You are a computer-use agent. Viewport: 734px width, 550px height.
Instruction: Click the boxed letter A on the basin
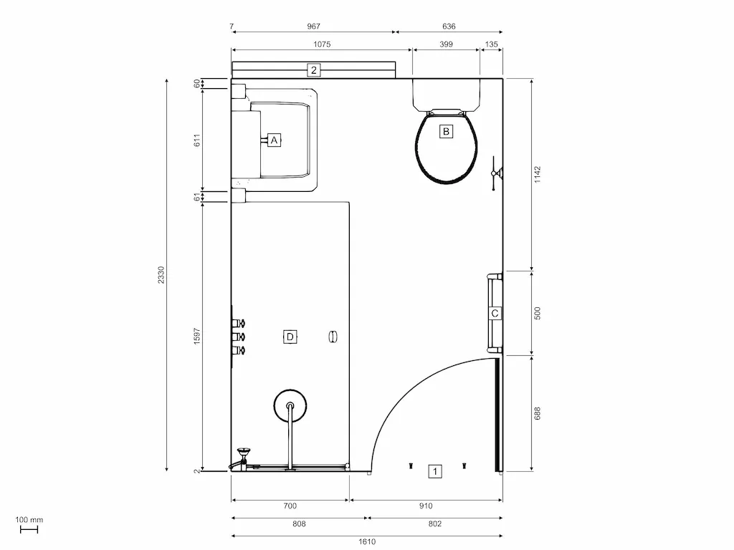pos(274,140)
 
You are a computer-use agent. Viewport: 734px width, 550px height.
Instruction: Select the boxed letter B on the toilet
pos(446,132)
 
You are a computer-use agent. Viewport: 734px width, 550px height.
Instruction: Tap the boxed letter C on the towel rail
pos(495,314)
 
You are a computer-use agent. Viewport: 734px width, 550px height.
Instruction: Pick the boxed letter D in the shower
pos(290,337)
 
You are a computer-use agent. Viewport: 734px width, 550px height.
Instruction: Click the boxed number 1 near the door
pos(435,471)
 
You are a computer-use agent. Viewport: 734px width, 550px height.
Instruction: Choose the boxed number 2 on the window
pos(314,70)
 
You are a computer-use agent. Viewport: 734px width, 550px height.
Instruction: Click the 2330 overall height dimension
pos(161,275)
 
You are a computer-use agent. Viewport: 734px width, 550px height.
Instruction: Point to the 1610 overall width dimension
pos(367,541)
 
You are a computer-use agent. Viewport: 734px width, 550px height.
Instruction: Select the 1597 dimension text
pos(197,337)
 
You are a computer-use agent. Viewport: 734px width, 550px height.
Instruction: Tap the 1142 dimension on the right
pos(538,175)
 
